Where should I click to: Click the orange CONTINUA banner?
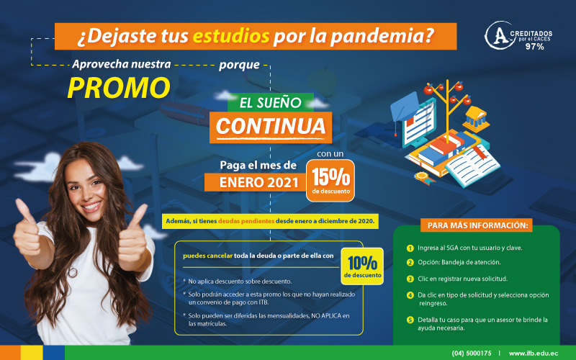click(x=271, y=126)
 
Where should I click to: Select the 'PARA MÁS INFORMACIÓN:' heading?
click(x=477, y=225)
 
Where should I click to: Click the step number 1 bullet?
click(x=410, y=248)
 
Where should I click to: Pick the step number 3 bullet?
click(x=410, y=279)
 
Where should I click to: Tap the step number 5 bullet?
click(x=410, y=320)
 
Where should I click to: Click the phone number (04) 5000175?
click(x=472, y=353)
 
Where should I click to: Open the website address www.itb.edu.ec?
click(x=534, y=353)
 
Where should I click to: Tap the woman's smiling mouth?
click(x=91, y=206)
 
